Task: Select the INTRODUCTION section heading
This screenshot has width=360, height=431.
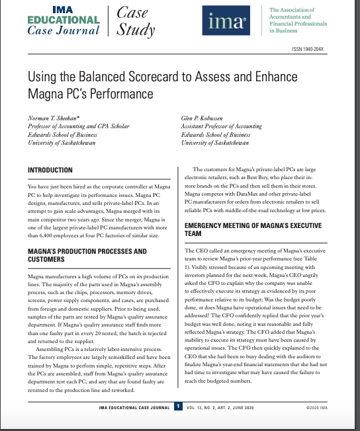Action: [x=50, y=170]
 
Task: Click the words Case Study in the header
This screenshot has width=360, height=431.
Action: [x=135, y=21]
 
